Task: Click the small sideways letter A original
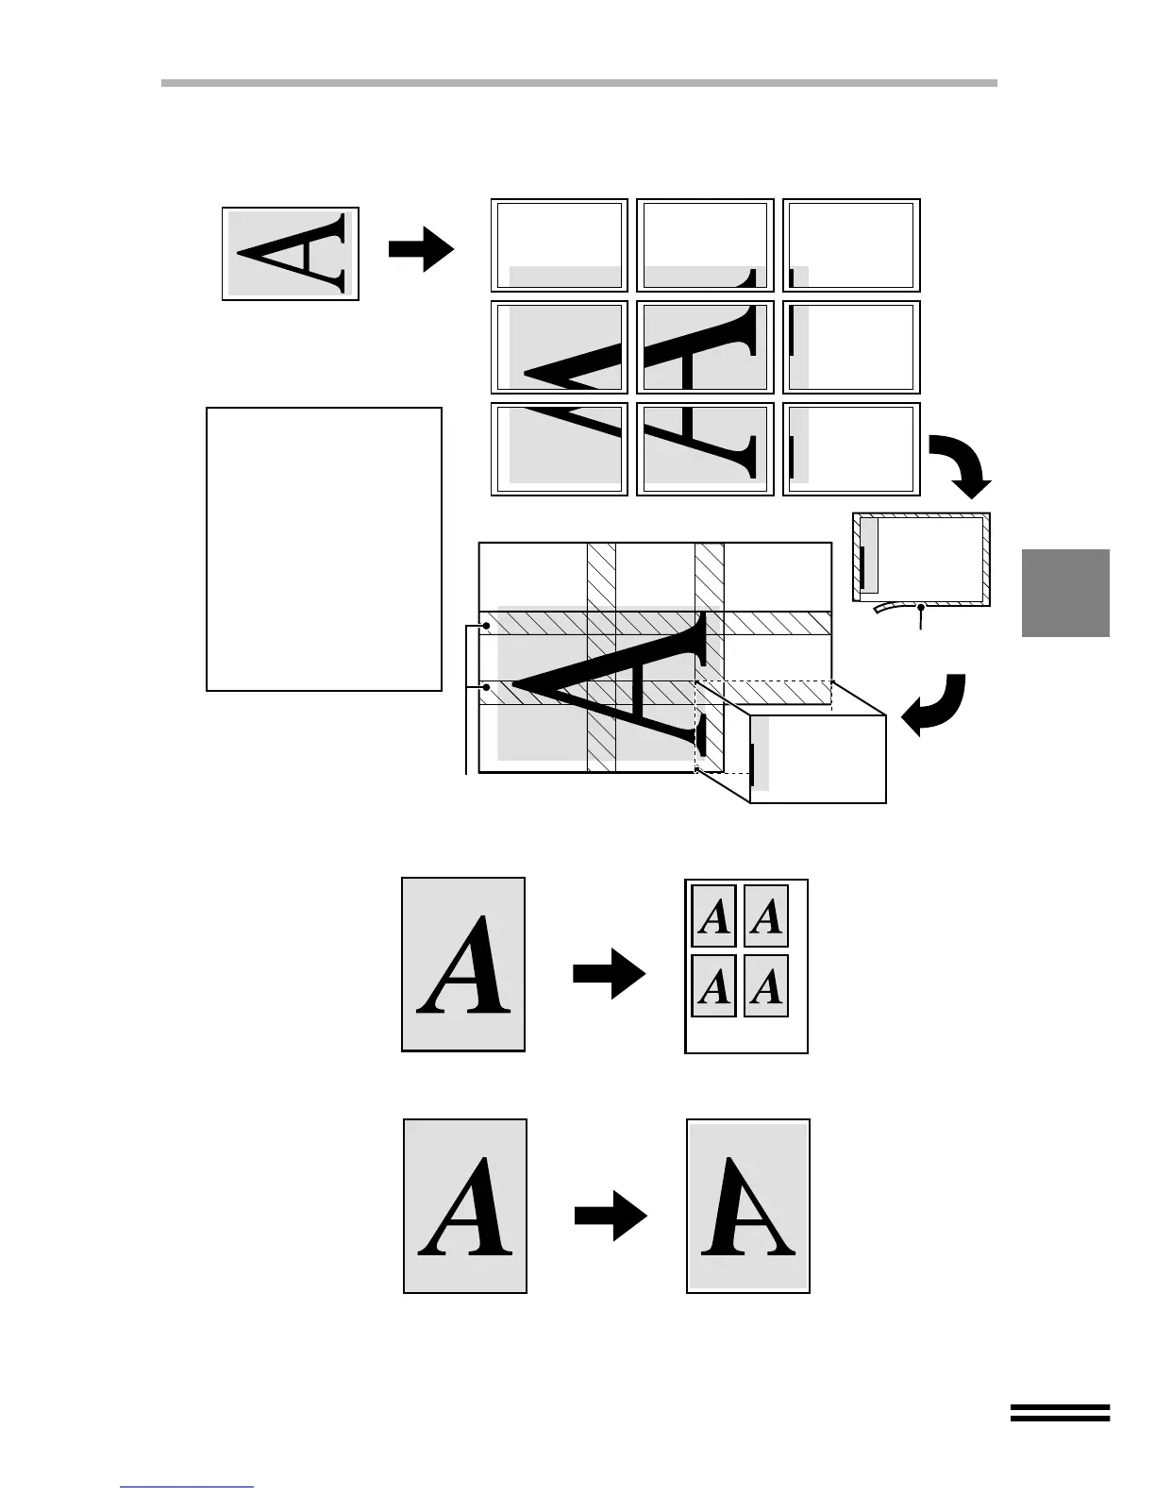pos(291,253)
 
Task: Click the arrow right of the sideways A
pos(421,249)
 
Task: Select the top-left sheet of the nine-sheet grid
pos(559,245)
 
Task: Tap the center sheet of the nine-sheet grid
pos(705,347)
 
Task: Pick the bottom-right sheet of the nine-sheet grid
pos(851,449)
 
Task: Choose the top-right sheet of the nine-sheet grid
pos(851,245)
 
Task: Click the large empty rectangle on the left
pos(324,549)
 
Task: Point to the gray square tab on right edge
pos(1065,593)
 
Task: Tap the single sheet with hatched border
pos(922,557)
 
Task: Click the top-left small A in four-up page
pos(714,915)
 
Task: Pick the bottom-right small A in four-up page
pos(766,986)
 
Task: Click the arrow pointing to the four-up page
pos(610,972)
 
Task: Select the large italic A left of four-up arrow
pos(464,965)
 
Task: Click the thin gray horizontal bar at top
pos(578,83)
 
